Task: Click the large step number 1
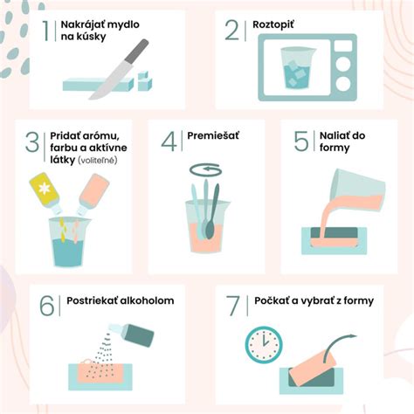(x=46, y=30)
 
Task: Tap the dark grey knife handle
(x=137, y=51)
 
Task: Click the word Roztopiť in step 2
(x=273, y=24)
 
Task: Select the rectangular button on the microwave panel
(x=343, y=45)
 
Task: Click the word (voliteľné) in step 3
(x=98, y=161)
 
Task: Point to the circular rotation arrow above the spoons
(x=206, y=169)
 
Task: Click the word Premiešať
(x=213, y=135)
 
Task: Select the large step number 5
(x=301, y=141)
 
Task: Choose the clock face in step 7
(x=264, y=345)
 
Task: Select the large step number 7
(x=233, y=306)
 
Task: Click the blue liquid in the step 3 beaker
(x=69, y=252)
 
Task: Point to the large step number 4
(x=169, y=141)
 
